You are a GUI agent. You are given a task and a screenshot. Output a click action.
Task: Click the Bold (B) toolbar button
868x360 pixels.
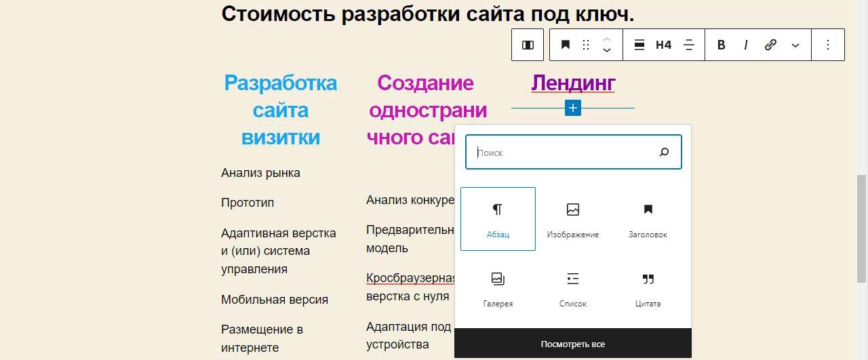(x=721, y=45)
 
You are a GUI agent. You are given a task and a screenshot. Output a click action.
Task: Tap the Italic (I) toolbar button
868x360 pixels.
(x=746, y=45)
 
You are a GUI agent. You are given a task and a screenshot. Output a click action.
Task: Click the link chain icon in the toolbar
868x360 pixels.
(x=770, y=45)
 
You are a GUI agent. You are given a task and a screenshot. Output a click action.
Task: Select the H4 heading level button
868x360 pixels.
(x=663, y=45)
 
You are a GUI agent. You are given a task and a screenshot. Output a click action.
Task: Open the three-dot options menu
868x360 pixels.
(x=828, y=45)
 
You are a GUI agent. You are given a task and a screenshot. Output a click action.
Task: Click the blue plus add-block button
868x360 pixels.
(x=573, y=108)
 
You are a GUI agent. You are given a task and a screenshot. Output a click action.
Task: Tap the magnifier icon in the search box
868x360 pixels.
(x=664, y=152)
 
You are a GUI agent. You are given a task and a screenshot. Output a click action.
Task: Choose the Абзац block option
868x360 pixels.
(x=498, y=219)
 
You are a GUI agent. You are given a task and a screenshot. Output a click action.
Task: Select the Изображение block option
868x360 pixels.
(x=573, y=219)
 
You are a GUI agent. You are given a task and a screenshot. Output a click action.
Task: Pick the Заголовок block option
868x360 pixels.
(x=648, y=219)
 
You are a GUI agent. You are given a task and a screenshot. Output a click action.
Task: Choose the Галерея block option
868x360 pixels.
(x=498, y=289)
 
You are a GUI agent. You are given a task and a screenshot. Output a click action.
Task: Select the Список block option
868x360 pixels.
(x=573, y=289)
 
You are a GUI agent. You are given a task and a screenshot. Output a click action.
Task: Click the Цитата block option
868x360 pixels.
(x=648, y=289)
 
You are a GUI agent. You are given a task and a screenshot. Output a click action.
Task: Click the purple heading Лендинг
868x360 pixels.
(x=573, y=83)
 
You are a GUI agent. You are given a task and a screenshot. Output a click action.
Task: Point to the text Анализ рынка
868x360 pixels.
(x=260, y=173)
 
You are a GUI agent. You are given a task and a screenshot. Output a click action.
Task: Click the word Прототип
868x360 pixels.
(x=248, y=203)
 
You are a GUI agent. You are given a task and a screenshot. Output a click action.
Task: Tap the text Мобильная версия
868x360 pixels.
(x=275, y=300)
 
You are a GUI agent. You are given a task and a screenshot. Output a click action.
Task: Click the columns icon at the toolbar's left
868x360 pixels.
(x=528, y=45)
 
